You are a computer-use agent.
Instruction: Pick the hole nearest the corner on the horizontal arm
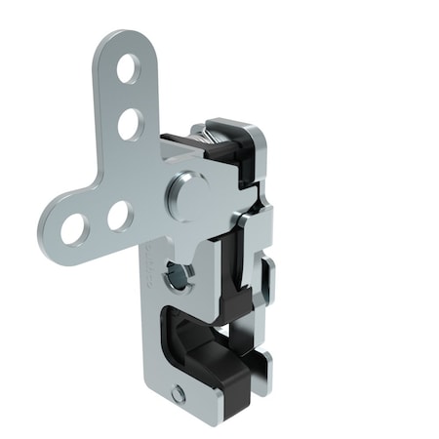[x=119, y=215]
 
